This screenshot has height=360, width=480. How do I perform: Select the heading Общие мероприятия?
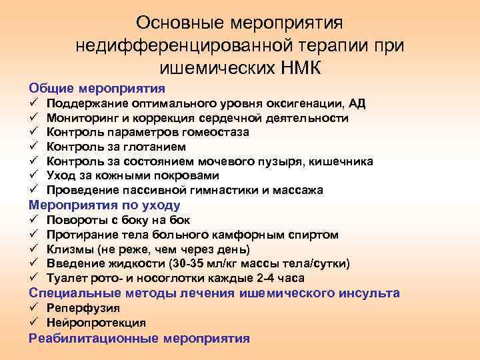tap(97, 88)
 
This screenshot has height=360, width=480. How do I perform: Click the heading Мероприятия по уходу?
tap(105, 205)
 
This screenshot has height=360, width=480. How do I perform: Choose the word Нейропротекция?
tap(96, 323)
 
